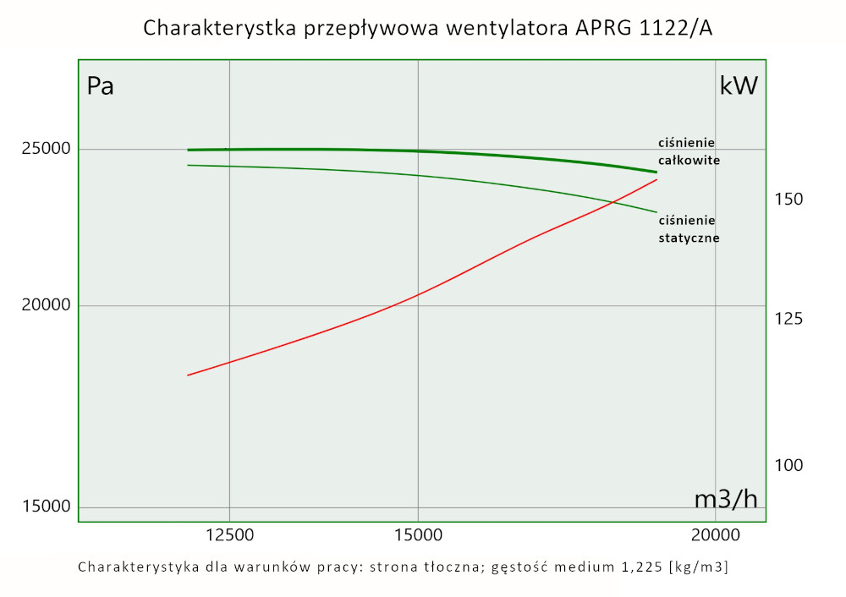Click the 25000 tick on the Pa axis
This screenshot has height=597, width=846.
coord(46,150)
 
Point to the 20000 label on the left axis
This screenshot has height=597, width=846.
coord(46,305)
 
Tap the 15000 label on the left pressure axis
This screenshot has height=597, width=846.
coord(46,507)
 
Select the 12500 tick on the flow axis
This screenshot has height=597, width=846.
coord(229,534)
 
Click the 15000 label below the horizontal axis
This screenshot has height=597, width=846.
coord(418,534)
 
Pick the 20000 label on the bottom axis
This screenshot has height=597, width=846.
coord(716,534)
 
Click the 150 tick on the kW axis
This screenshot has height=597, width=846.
coord(788,200)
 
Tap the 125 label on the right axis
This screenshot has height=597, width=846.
coord(788,319)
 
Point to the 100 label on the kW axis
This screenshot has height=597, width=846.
coord(788,465)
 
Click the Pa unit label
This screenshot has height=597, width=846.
coord(101,86)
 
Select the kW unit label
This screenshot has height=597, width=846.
coord(739,86)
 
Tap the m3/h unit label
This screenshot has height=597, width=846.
coord(726,499)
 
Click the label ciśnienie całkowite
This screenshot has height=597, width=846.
coord(689,151)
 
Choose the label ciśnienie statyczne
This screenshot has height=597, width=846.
coord(689,229)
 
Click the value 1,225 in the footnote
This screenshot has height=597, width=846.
coord(635,567)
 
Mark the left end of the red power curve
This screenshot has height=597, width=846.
coord(188,375)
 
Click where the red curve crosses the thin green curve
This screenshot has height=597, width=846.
coord(612,201)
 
